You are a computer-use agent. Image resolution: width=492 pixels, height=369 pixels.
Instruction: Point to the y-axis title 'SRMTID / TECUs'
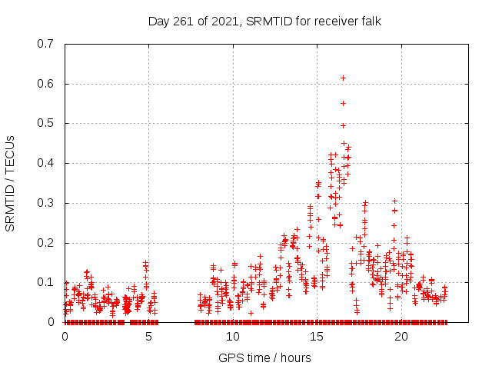pyautogui.click(x=11, y=183)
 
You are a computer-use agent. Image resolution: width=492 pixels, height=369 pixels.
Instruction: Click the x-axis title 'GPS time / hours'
pyautogui.click(x=265, y=357)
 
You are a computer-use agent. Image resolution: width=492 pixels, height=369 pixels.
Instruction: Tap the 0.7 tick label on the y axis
pyautogui.click(x=47, y=44)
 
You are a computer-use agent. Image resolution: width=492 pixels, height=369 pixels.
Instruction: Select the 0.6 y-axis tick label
pyautogui.click(x=47, y=84)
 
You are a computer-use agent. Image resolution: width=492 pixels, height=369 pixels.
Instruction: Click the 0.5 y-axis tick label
pyautogui.click(x=47, y=123)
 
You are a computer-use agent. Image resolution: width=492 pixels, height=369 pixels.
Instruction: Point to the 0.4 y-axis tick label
pyautogui.click(x=47, y=163)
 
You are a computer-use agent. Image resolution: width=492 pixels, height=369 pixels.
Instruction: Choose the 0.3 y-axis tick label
pyautogui.click(x=47, y=203)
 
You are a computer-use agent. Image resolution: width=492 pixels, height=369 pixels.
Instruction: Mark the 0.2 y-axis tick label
pyautogui.click(x=47, y=243)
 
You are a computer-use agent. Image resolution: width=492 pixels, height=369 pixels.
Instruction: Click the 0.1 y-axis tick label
pyautogui.click(x=47, y=282)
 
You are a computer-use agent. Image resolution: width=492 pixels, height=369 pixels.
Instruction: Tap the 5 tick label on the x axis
pyautogui.click(x=148, y=336)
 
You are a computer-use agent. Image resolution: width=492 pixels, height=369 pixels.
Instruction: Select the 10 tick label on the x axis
pyautogui.click(x=232, y=336)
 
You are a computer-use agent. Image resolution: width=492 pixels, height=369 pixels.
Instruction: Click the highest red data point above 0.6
pyautogui.click(x=343, y=78)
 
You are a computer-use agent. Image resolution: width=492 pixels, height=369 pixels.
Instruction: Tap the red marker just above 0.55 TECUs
pyautogui.click(x=343, y=103)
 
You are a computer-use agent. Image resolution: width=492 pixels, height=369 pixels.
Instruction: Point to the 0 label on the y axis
pyautogui.click(x=52, y=322)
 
